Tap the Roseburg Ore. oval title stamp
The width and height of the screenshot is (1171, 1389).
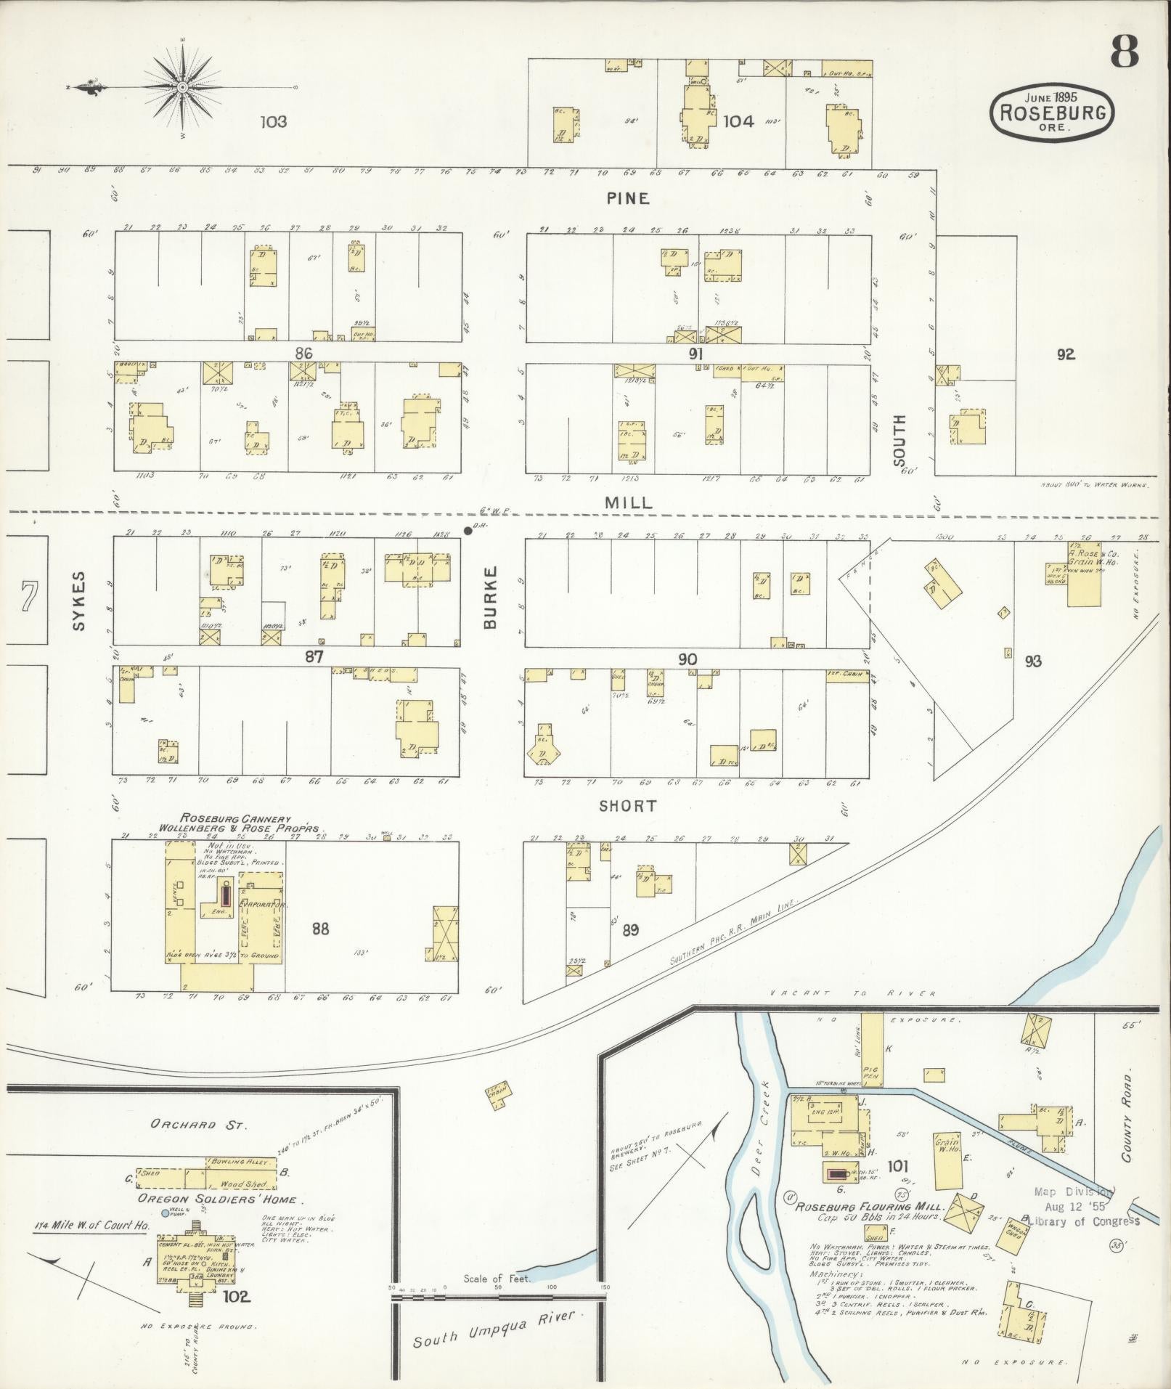pyautogui.click(x=1053, y=113)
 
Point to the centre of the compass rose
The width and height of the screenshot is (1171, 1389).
pyautogui.click(x=183, y=88)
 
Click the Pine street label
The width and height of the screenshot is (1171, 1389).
pyautogui.click(x=629, y=198)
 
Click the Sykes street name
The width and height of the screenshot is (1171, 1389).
pyautogui.click(x=79, y=600)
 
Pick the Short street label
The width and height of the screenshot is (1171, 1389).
pyautogui.click(x=629, y=806)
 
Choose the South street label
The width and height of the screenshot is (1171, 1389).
pyautogui.click(x=899, y=440)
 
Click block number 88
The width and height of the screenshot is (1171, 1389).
pyautogui.click(x=320, y=928)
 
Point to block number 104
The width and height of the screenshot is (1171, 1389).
pyautogui.click(x=738, y=121)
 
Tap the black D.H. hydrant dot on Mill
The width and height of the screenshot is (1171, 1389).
pyautogui.click(x=468, y=530)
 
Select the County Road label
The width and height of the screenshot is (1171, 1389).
pyautogui.click(x=1126, y=1123)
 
